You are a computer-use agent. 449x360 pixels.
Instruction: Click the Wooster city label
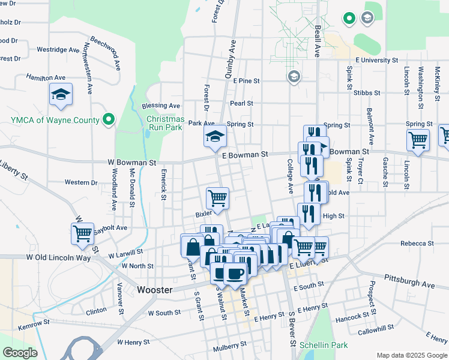click(x=155, y=289)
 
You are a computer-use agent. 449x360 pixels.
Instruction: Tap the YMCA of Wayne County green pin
click(x=109, y=119)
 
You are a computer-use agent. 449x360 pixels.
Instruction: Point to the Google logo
click(x=20, y=353)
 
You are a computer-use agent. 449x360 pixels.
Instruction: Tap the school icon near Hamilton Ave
click(x=61, y=94)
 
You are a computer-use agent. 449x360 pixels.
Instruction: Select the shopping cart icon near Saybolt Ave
click(x=82, y=233)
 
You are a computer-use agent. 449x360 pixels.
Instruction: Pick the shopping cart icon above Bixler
click(x=217, y=197)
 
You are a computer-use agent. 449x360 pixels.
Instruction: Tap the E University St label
click(x=376, y=61)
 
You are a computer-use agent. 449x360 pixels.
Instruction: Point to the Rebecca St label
click(x=417, y=244)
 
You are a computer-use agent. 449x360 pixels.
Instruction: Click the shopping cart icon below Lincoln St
click(x=418, y=140)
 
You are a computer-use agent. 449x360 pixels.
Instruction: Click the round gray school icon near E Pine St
click(x=294, y=77)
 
